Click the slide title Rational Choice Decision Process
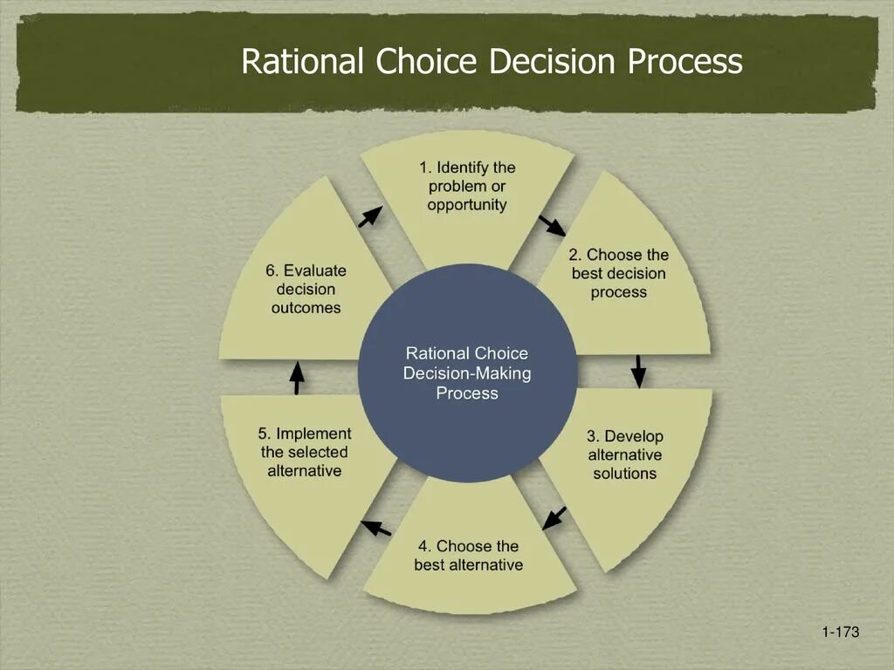tap(492, 62)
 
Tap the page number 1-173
tap(841, 632)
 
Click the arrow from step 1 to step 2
tap(553, 225)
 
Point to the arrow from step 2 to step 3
tap(638, 371)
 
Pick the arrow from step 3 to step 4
tap(554, 517)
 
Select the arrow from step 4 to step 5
tap(376, 527)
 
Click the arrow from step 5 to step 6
tap(297, 377)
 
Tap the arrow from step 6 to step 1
tap(370, 216)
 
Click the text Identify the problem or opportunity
tap(467, 186)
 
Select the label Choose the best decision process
tap(619, 273)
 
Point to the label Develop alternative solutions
tap(625, 455)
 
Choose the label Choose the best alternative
tap(469, 556)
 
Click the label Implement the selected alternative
tap(305, 452)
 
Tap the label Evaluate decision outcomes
tap(306, 289)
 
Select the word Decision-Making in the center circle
tap(467, 373)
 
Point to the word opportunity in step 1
tap(467, 205)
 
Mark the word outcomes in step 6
tap(306, 308)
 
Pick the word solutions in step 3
tap(625, 474)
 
